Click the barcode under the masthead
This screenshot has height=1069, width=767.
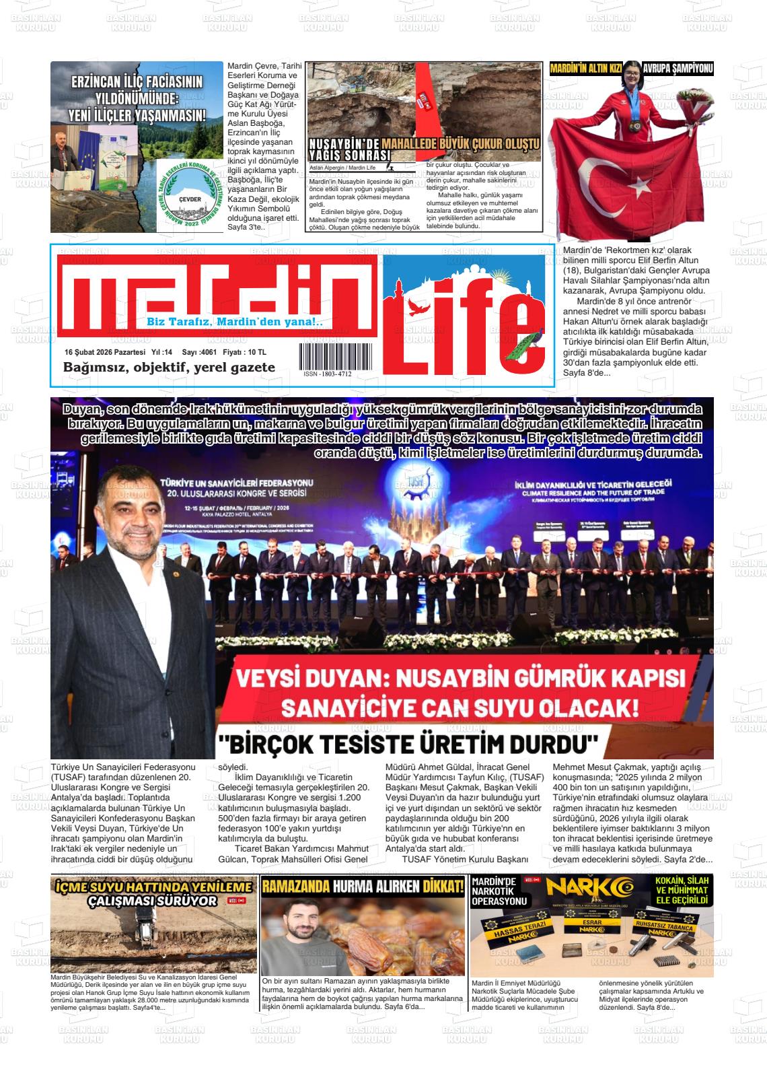[334, 355]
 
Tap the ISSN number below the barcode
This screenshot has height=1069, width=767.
[328, 374]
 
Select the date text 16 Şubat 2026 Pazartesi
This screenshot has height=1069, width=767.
[105, 352]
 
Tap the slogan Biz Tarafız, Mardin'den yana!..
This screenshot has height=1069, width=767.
[235, 322]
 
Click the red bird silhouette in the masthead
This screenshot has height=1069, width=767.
[421, 308]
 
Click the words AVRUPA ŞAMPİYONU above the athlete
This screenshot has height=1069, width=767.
[677, 68]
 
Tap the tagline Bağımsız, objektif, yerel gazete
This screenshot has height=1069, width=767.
[169, 368]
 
